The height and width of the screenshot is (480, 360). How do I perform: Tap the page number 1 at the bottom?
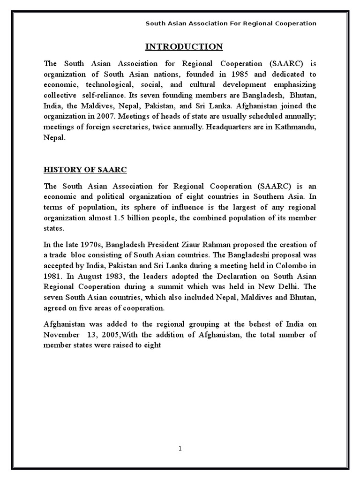click(x=180, y=449)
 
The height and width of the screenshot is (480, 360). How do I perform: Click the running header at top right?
click(x=231, y=23)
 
